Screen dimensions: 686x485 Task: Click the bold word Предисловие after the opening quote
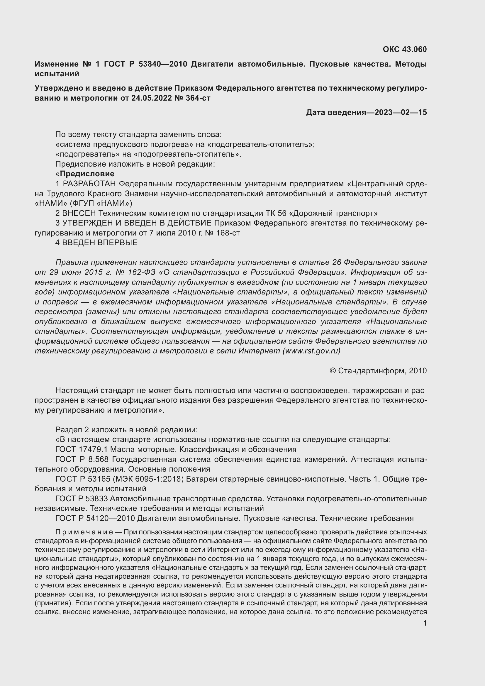[87, 174]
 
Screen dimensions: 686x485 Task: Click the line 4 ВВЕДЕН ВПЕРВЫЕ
[96, 243]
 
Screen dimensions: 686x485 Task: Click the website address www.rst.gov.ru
[311, 351]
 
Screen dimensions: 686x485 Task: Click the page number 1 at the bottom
[425, 623]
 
